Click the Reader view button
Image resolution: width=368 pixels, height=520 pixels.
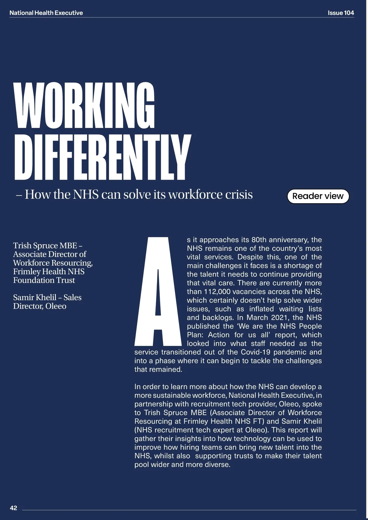click(318, 196)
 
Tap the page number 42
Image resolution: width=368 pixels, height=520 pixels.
click(13, 508)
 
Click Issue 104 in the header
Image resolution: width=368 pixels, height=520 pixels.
click(341, 13)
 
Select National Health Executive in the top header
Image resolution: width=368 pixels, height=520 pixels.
click(46, 13)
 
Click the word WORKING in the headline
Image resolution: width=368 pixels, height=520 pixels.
click(84, 106)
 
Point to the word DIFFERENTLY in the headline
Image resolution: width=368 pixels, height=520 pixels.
click(102, 157)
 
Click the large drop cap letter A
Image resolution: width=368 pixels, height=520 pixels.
click(158, 291)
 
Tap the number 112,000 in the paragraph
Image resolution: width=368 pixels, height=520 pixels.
click(217, 292)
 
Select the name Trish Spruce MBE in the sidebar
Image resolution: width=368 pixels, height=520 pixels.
click(45, 246)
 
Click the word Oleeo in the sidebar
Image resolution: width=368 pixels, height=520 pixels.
click(56, 306)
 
